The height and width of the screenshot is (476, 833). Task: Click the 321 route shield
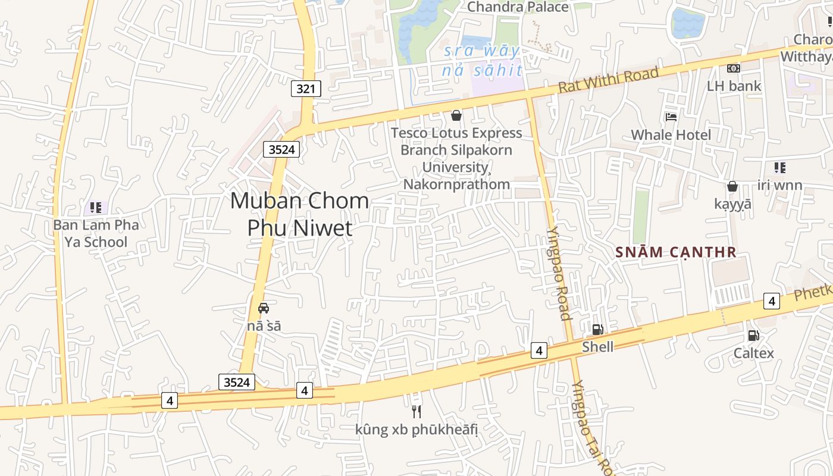[306, 89]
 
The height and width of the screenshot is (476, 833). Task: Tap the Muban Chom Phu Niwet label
[299, 214]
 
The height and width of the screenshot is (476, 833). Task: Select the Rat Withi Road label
[609, 80]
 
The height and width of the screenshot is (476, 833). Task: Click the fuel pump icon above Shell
[597, 329]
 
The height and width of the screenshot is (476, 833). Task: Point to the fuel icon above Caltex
[753, 336]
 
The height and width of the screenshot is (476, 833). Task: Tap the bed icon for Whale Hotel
[671, 117]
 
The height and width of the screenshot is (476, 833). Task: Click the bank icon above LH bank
[734, 68]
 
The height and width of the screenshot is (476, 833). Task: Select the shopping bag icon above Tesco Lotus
[456, 115]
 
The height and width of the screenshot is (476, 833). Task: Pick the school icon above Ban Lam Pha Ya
[96, 208]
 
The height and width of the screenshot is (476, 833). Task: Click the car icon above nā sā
[264, 308]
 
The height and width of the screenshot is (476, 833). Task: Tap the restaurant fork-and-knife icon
[416, 411]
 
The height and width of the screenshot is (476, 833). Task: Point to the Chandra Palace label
[518, 7]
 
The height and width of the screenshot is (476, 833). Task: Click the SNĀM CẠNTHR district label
[676, 252]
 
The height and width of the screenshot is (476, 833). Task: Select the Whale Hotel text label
[671, 135]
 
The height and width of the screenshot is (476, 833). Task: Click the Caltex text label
[753, 353]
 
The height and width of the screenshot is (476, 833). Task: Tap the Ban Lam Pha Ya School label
[96, 233]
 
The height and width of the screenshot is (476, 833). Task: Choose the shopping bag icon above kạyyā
[732, 186]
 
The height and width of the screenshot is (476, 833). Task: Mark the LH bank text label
[734, 86]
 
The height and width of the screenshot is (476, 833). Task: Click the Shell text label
[597, 347]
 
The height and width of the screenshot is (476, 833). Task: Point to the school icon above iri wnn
[779, 168]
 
